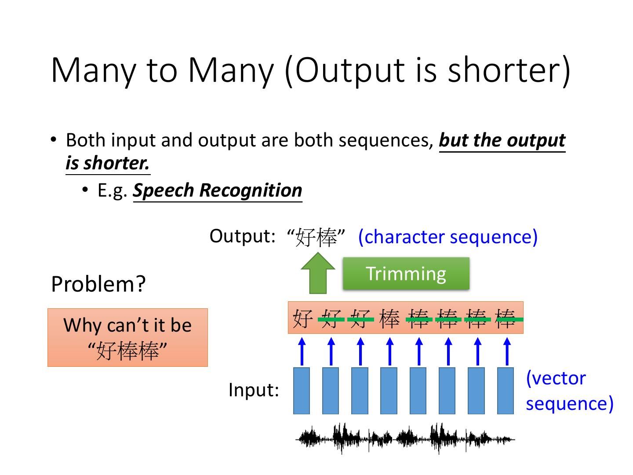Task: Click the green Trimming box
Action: [x=406, y=274]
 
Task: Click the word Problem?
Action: [x=98, y=284]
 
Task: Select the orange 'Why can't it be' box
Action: [x=127, y=337]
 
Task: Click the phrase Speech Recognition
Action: [x=218, y=190]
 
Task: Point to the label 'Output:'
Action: [x=242, y=236]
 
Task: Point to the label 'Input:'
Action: [x=254, y=390]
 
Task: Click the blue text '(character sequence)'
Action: [x=447, y=237]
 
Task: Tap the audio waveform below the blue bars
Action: [x=405, y=438]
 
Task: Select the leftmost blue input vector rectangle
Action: [x=302, y=391]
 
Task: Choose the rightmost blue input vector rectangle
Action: [x=506, y=391]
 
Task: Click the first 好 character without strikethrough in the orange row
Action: [x=302, y=318]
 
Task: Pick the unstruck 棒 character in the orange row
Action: [x=389, y=318]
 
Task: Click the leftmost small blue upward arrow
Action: [x=302, y=351]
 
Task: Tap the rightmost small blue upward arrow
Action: [x=506, y=351]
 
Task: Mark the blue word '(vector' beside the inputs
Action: [x=556, y=378]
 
